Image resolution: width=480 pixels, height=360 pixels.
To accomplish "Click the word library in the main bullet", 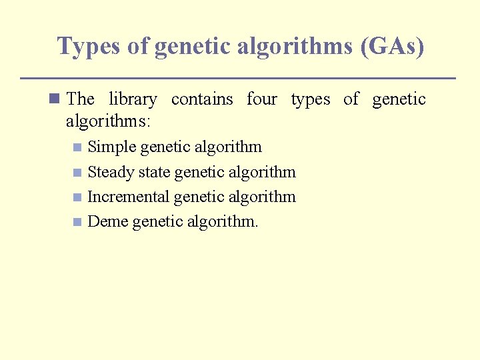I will point(133,99).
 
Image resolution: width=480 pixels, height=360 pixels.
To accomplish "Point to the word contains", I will point(202,99).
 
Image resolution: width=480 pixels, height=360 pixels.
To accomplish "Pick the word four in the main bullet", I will point(261,99).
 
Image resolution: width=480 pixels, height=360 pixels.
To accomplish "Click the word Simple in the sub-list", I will point(112,147).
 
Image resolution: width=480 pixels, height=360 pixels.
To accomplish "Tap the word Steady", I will point(111,172).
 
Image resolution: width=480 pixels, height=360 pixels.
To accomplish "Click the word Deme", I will point(108,221).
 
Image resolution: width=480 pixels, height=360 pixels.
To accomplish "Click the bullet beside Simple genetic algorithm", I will point(77,147).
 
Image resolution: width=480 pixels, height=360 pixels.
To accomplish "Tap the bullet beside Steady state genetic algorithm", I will point(77,172).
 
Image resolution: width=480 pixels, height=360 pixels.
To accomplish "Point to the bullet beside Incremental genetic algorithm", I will point(77,197).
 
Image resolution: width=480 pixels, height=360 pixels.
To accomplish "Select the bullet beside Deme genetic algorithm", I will point(77,222).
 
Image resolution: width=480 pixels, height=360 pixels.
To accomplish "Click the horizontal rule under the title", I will point(238,78).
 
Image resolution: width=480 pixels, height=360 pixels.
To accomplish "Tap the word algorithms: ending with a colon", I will point(108,121).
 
